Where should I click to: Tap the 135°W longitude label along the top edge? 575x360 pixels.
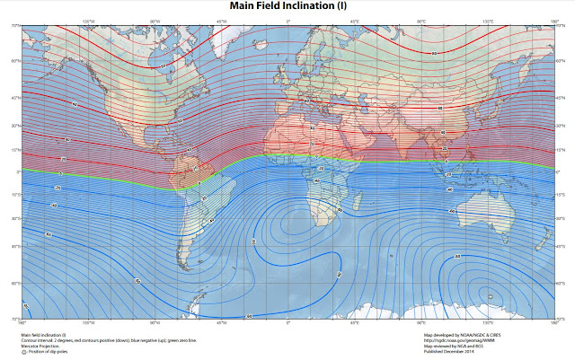click(88, 21)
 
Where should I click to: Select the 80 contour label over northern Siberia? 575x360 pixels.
click(435, 53)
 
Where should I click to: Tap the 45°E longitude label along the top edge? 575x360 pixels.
click(354, 21)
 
